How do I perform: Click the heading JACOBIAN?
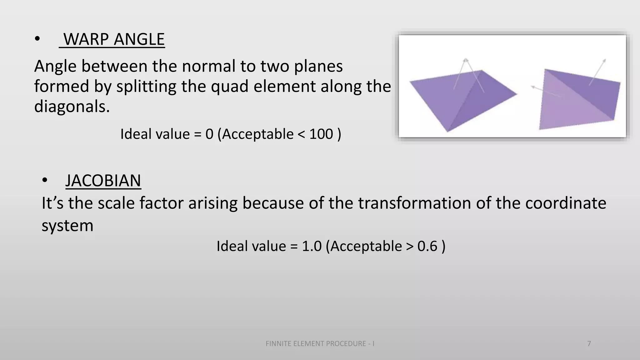pos(103,181)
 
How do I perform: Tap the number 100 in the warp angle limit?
pos(321,134)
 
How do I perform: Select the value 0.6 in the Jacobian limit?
pos(427,246)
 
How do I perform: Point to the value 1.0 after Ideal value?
pos(312,246)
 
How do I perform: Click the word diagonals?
pos(72,107)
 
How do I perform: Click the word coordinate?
pos(566,203)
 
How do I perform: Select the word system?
pos(67,226)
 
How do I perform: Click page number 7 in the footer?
pos(589,344)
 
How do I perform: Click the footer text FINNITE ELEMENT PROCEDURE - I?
pos(320,344)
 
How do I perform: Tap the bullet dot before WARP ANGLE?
pos(37,39)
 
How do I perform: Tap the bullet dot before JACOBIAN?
pos(45,181)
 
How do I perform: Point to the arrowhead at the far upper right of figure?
pos(605,60)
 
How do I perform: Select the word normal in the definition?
pos(209,67)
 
